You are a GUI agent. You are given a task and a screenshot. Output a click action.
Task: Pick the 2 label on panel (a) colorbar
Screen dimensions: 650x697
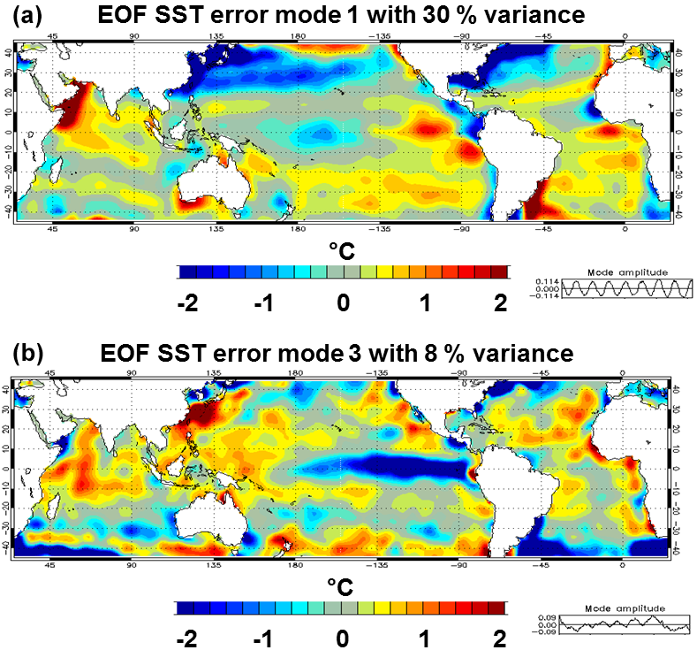pos(501,303)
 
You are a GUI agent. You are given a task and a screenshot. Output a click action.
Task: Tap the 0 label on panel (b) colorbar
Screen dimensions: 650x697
pos(343,639)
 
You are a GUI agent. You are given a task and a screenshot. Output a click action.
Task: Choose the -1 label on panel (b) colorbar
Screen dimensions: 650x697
pos(262,639)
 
